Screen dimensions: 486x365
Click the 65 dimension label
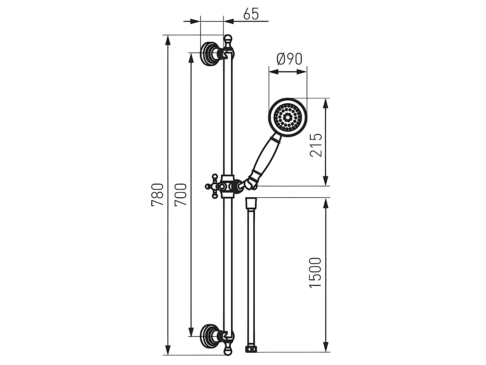tap(251, 15)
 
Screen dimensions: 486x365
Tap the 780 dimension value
tap(157, 195)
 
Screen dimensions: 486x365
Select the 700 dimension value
tap(181, 195)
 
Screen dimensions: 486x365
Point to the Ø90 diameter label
tap(289, 59)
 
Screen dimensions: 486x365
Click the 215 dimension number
tap(316, 145)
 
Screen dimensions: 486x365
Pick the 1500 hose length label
tap(315, 273)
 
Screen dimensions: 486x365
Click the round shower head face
tap(288, 117)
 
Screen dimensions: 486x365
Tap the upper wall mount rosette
tap(209, 54)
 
